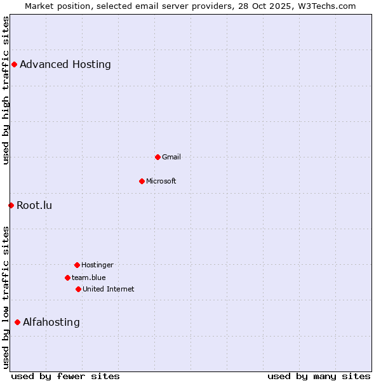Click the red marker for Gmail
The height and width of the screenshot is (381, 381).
[x=157, y=157]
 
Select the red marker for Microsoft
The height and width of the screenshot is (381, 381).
[x=142, y=181]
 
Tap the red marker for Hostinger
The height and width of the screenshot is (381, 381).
[x=77, y=265]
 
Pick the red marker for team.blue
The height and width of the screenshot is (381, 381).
[x=67, y=277]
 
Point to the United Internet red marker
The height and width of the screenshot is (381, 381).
[x=78, y=289]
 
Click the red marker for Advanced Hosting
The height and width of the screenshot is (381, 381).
[x=14, y=64]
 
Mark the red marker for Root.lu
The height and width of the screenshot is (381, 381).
[x=11, y=205]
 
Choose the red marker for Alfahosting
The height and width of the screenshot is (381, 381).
[x=17, y=322]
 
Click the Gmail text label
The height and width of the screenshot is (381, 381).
[x=171, y=157]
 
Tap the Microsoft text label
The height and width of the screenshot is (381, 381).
[x=161, y=181]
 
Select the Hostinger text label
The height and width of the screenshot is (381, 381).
[x=97, y=265]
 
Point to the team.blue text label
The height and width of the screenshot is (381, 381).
[x=89, y=277]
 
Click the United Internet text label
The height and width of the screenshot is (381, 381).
[x=109, y=289]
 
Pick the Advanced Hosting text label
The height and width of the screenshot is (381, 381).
[x=65, y=64]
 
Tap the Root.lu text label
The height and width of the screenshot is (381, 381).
[x=34, y=205]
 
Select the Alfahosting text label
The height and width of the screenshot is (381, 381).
[x=51, y=322]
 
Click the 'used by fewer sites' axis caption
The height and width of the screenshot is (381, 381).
[x=65, y=376]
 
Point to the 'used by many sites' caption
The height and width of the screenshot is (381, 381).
[x=319, y=376]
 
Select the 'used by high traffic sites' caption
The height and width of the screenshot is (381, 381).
[x=6, y=90]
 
